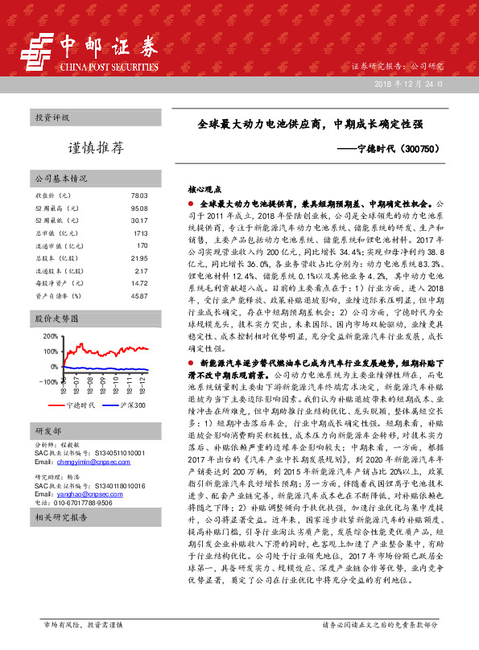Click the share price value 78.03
click(x=139, y=195)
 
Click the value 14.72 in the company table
click(x=139, y=283)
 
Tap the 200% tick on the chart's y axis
click(x=49, y=335)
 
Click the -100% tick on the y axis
click(x=47, y=382)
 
